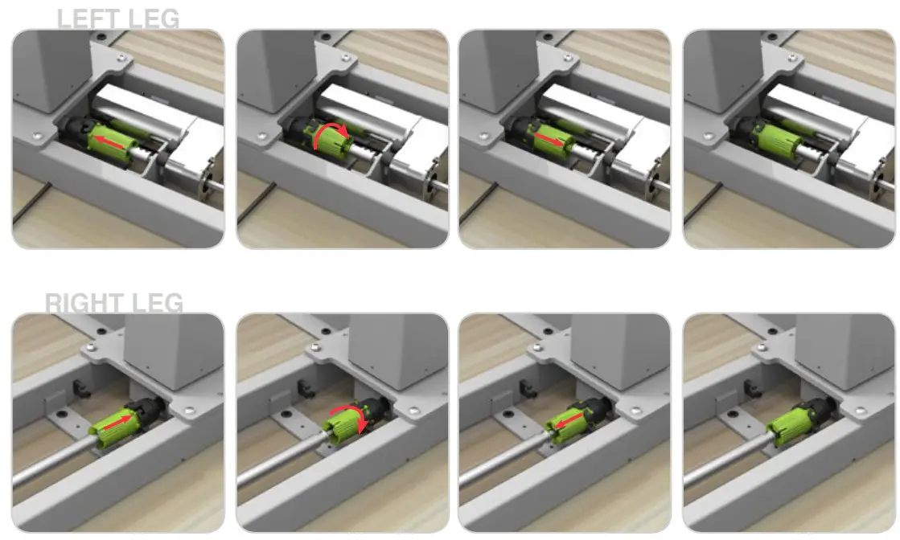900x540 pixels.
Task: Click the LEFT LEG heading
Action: (x=118, y=18)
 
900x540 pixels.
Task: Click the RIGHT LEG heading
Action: (x=114, y=303)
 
